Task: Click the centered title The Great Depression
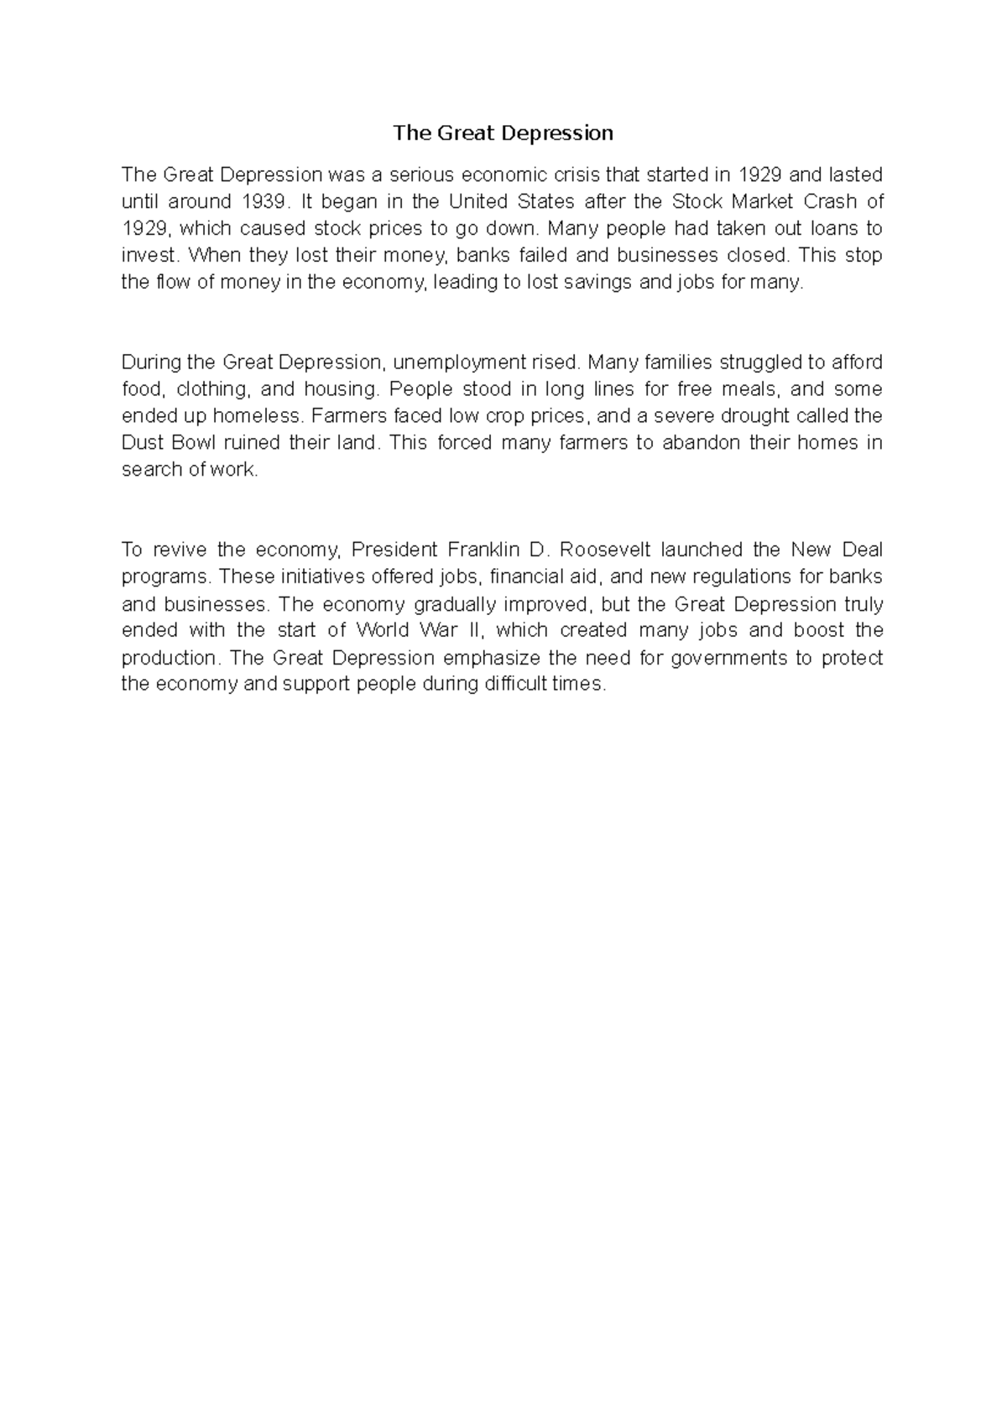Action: [503, 133]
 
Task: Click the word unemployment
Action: [459, 362]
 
